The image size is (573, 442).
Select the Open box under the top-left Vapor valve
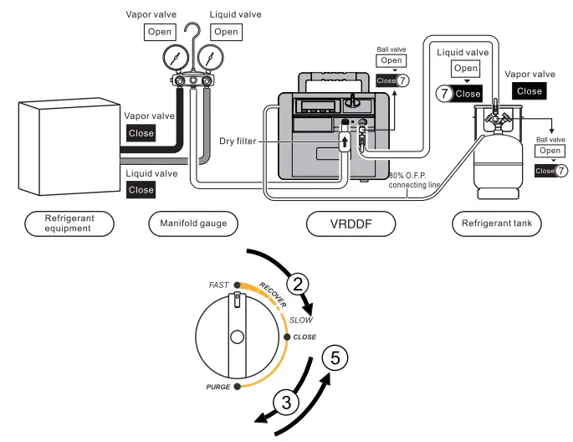point(160,32)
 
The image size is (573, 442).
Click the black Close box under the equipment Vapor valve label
point(141,132)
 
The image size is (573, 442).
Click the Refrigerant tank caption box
point(497,224)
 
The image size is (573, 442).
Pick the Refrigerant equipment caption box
point(69,224)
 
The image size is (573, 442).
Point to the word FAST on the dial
point(218,285)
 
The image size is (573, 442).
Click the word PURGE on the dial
point(218,387)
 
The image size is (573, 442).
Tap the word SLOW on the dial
point(299,321)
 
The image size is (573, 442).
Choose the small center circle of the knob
point(237,337)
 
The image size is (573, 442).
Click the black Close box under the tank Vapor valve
point(530,90)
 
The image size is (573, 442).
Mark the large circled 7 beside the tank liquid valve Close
point(443,94)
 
